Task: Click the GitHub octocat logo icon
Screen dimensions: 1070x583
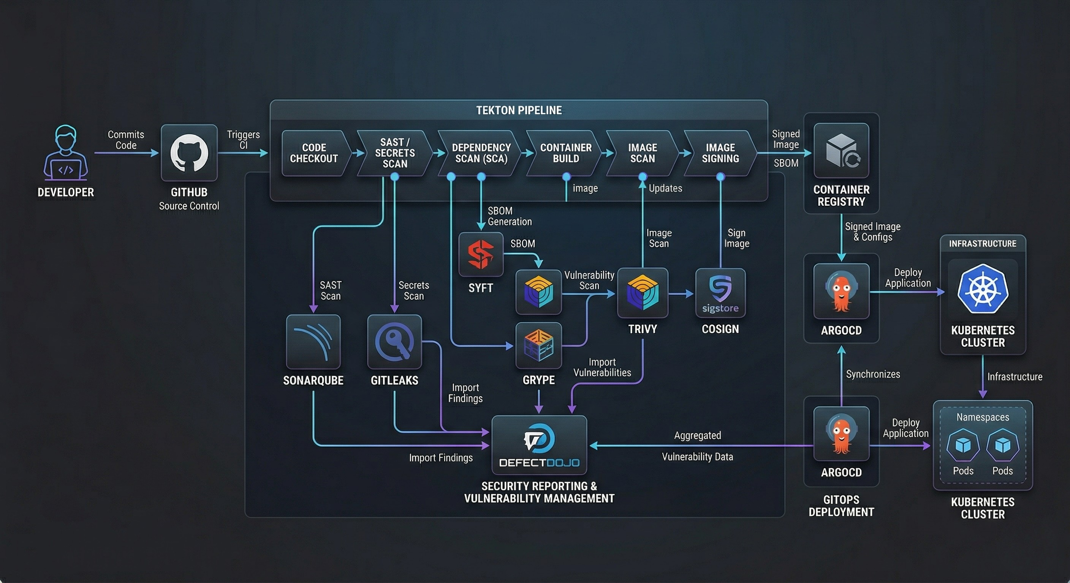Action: [x=189, y=152]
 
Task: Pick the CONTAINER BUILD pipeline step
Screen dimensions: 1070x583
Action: [x=565, y=153]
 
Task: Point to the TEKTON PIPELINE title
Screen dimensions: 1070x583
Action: [x=519, y=110]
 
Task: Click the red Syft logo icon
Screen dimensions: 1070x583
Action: [x=481, y=254]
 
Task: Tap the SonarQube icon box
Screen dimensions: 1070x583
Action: [x=313, y=342]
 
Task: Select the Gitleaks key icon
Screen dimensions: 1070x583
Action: [x=394, y=342]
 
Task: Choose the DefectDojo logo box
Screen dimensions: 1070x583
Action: [x=539, y=445]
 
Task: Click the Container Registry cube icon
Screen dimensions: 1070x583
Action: [x=841, y=150]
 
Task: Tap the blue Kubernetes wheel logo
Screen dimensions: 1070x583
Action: [x=982, y=289]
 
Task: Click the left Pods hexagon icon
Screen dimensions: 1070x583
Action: [x=963, y=445]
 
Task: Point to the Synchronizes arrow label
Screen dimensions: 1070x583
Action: [x=873, y=374]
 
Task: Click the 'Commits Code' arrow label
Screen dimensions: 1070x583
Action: [x=126, y=140]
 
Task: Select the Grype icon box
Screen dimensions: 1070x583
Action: [x=538, y=345]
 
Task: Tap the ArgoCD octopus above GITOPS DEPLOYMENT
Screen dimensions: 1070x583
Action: [x=841, y=433]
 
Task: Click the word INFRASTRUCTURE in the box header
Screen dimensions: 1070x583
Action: [x=982, y=244]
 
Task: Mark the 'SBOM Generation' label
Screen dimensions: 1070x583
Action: [x=509, y=216]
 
